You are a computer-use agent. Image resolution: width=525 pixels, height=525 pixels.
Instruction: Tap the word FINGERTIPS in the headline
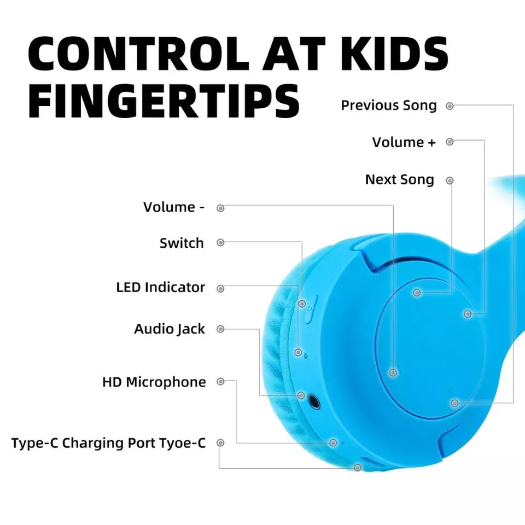164,101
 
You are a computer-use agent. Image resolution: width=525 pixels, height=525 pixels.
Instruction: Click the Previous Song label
389,106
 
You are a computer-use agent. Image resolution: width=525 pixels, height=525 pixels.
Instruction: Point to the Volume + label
404,142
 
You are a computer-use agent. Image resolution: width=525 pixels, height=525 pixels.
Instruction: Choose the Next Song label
399,180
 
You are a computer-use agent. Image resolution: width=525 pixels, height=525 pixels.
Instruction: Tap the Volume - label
174,207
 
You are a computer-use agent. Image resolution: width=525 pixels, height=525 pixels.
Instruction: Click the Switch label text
182,243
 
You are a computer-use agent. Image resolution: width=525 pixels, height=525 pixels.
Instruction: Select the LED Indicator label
160,287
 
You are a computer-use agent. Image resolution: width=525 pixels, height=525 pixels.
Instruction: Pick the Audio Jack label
170,329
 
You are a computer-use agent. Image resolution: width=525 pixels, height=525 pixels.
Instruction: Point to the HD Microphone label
154,382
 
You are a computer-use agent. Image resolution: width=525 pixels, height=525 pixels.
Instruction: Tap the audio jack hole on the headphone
314,401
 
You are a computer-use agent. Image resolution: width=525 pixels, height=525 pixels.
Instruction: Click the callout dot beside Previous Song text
450,106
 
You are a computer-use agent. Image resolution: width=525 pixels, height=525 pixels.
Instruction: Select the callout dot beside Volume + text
450,142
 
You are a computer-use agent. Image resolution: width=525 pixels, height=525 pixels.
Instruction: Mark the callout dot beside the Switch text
220,242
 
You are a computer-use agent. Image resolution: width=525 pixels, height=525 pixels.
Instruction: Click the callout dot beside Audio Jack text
220,329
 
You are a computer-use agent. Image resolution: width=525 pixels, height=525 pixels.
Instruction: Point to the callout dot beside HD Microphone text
220,381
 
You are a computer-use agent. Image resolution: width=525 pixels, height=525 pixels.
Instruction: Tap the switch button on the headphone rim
311,309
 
